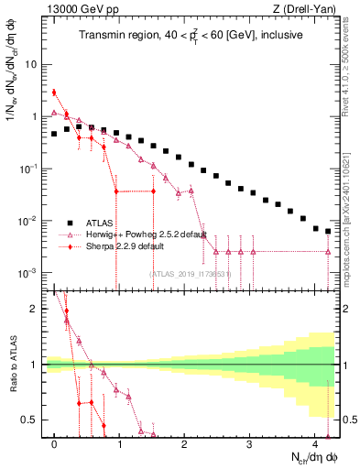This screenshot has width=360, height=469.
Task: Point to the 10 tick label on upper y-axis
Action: pos(31,65)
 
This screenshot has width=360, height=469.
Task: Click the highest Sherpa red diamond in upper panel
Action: pos(55,92)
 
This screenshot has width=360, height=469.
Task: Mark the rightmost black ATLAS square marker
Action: pos(328,230)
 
